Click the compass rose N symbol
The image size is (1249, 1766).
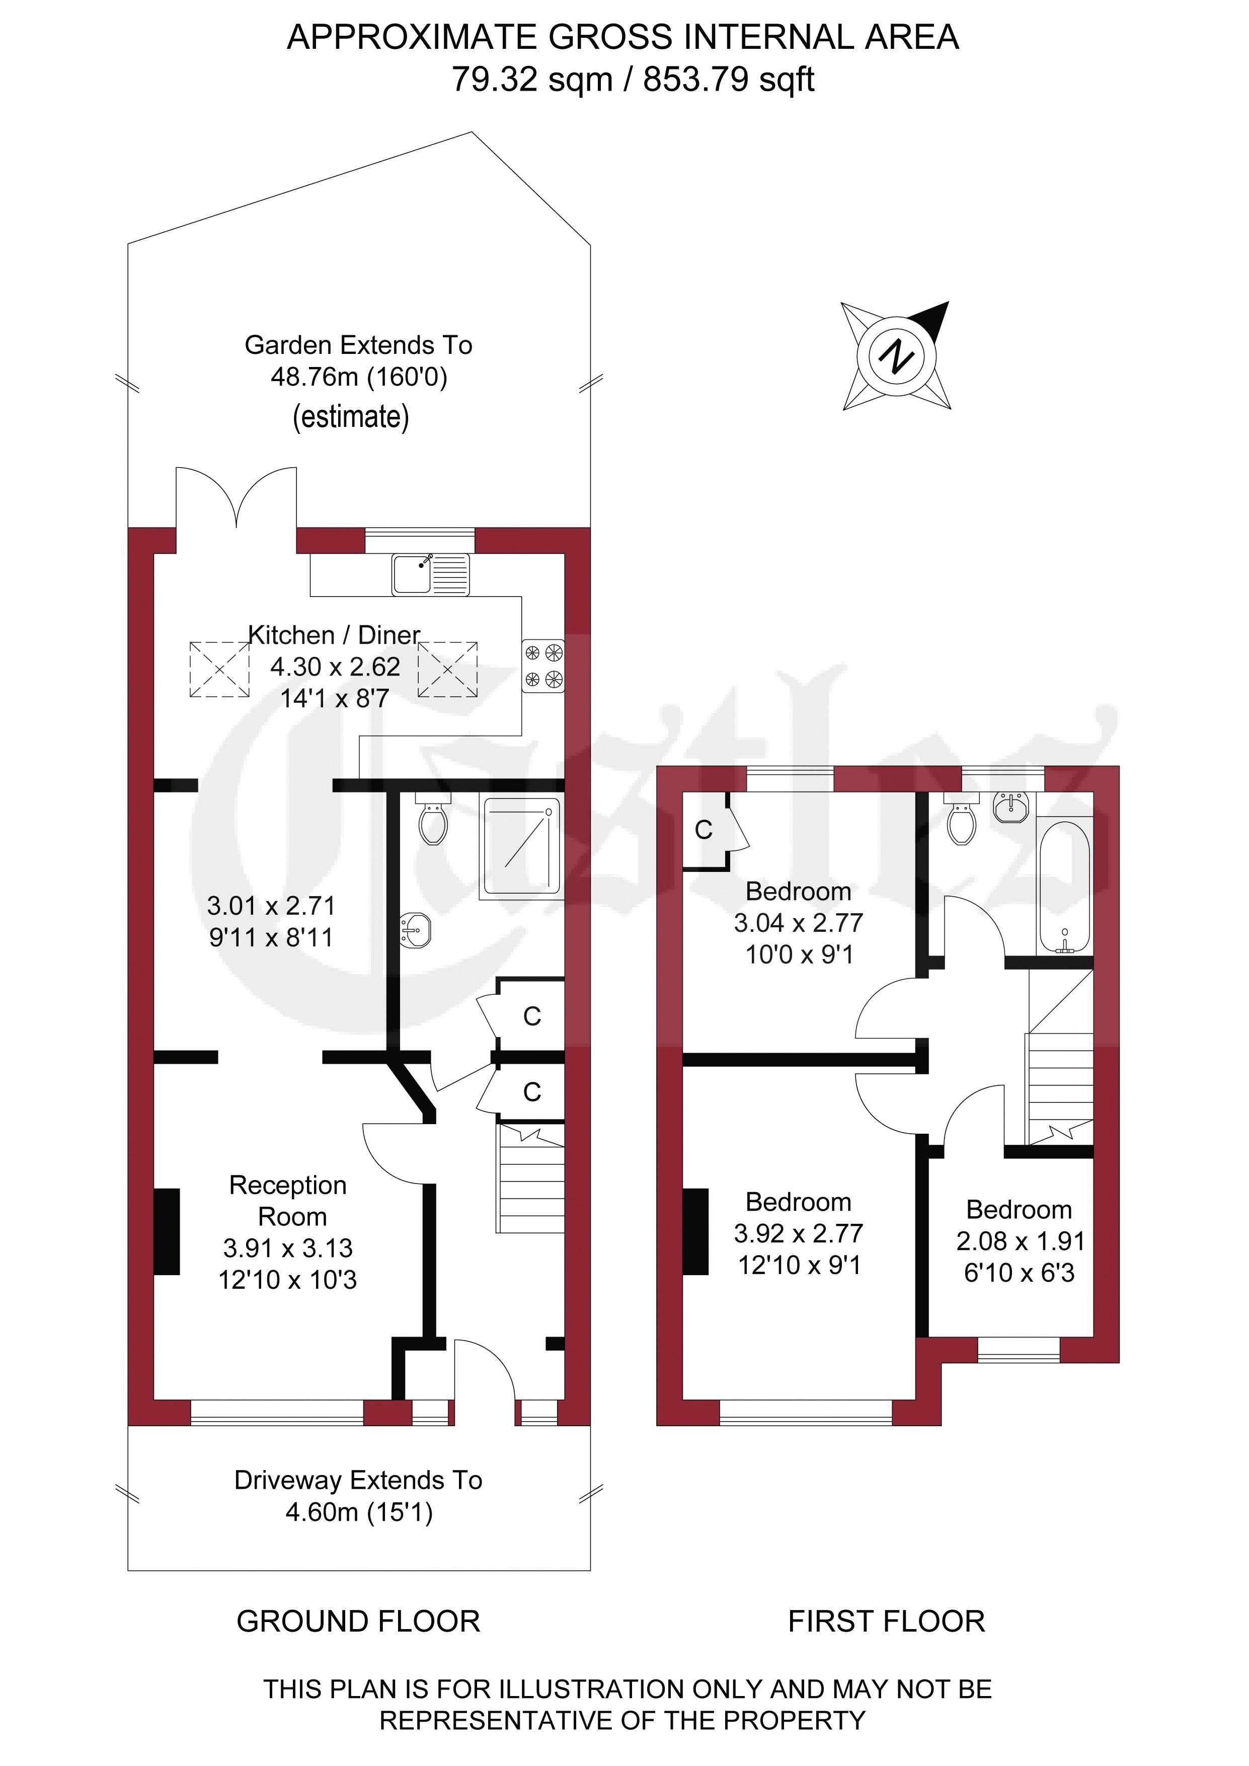[x=896, y=355]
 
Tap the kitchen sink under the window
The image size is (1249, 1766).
[x=430, y=574]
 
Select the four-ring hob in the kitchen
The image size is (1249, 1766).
[x=543, y=666]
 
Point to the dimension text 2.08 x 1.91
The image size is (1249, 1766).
[x=1020, y=1241]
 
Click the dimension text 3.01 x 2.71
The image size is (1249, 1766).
[x=271, y=906]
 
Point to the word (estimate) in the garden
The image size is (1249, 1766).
[x=351, y=417]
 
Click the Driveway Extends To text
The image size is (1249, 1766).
[x=358, y=1480]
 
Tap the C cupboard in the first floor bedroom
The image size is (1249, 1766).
[x=704, y=829]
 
